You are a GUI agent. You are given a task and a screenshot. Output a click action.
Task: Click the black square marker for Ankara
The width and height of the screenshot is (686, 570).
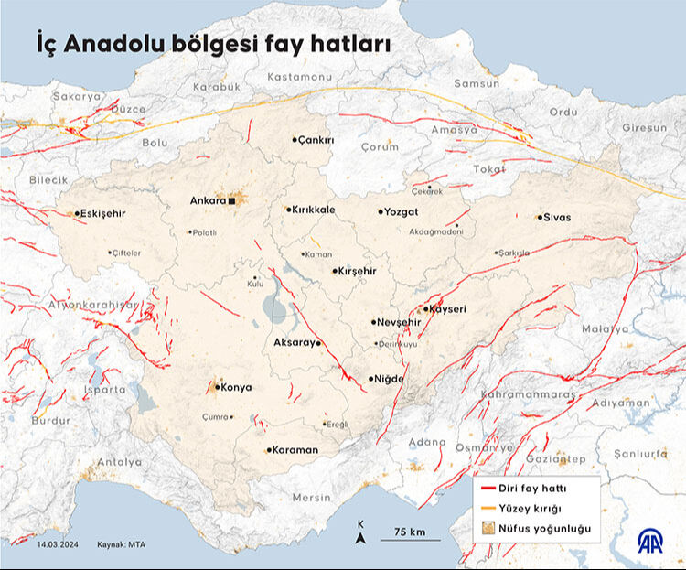pos(233,200)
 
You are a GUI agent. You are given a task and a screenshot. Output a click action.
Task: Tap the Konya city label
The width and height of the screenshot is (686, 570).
pos(236,387)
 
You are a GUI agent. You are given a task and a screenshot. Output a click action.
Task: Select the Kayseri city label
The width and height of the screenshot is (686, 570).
pos(447,309)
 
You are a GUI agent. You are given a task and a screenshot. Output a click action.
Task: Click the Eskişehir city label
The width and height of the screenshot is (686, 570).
pos(102,213)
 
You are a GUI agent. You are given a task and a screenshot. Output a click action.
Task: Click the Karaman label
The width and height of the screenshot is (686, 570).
pos(295,450)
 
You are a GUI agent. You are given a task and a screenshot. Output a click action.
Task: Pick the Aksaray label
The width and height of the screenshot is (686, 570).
pos(294,343)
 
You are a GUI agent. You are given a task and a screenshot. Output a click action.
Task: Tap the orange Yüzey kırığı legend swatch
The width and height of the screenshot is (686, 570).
pos(484,509)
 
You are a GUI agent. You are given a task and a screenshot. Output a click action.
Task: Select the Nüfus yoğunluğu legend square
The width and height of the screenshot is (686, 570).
pos(484,529)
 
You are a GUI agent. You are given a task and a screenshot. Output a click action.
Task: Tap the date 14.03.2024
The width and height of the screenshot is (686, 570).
pos(59,543)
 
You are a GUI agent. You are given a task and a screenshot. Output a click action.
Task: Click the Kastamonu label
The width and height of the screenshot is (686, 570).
pos(300,78)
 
